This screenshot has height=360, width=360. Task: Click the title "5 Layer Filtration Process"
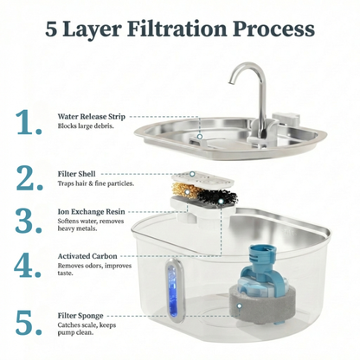click(179, 29)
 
